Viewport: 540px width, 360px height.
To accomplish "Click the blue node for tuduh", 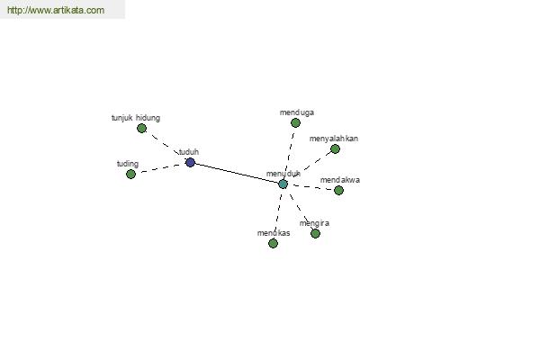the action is [x=191, y=162].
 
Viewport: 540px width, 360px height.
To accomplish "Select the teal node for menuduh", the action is [x=283, y=184].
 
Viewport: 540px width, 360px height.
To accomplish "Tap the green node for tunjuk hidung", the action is [x=141, y=128].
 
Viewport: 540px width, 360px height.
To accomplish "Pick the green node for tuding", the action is [x=130, y=174].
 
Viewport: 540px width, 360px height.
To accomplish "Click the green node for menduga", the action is [x=295, y=122].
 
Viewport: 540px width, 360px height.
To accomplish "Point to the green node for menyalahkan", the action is [x=335, y=148].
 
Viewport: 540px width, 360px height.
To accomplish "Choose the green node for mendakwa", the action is [x=339, y=190].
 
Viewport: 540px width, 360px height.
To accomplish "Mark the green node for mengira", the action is [x=316, y=234].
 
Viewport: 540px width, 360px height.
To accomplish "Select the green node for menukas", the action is [x=273, y=244].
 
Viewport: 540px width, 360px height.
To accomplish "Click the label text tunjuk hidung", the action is [x=136, y=118].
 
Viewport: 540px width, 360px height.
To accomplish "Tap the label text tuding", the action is [x=128, y=164].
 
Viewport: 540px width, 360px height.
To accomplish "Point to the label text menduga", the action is [x=297, y=112].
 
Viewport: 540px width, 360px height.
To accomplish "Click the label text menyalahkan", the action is [x=334, y=139].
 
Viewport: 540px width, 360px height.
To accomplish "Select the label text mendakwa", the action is [x=340, y=180].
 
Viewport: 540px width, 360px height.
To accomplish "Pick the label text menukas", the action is [x=274, y=233].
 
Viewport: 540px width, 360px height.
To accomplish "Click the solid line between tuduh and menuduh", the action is [x=237, y=173].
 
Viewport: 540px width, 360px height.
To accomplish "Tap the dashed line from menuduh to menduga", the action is [x=290, y=153].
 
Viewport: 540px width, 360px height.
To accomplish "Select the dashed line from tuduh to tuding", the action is [x=160, y=168].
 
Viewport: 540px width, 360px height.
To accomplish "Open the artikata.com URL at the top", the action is [x=56, y=10].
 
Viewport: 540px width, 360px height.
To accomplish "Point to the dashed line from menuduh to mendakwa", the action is [x=311, y=187].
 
